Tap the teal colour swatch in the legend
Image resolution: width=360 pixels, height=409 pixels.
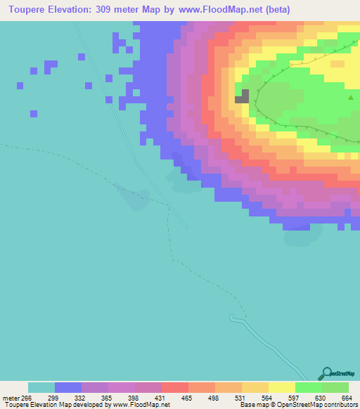[41, 387]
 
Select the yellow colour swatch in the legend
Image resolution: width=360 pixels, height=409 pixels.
[282, 387]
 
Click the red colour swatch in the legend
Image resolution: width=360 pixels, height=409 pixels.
[175, 387]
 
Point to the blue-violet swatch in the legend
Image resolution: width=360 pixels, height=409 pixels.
[68, 387]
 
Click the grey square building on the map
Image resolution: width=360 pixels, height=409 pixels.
[242, 96]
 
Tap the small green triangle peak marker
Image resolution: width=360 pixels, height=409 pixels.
[351, 98]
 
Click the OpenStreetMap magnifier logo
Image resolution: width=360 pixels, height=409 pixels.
[326, 373]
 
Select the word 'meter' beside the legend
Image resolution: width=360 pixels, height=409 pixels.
[9, 398]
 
